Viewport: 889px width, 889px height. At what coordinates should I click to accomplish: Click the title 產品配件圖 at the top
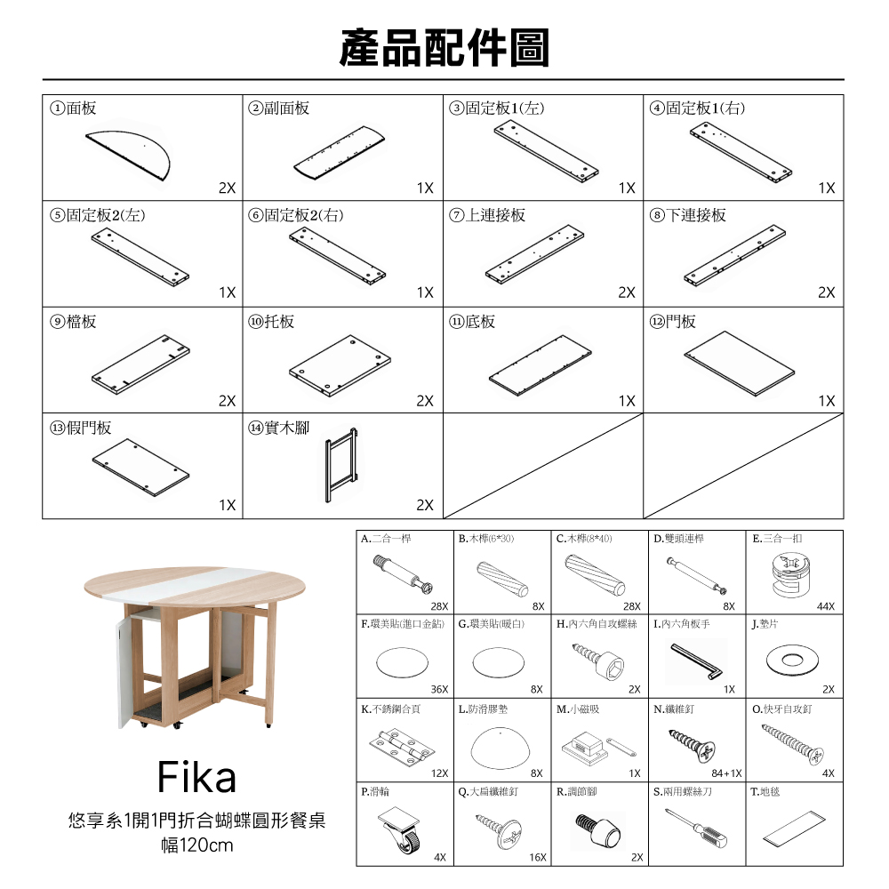tap(444, 48)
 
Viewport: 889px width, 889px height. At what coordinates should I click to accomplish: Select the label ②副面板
tap(278, 108)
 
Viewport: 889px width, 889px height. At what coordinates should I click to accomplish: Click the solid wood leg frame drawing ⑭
tap(341, 465)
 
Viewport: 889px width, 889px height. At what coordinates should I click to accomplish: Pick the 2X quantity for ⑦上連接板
tap(627, 292)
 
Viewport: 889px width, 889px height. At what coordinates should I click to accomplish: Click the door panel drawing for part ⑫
tap(740, 363)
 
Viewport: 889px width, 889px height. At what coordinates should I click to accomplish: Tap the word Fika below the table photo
tap(196, 777)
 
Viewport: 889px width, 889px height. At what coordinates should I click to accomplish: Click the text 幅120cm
tap(196, 845)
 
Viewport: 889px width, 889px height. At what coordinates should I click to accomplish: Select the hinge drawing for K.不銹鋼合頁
tap(402, 746)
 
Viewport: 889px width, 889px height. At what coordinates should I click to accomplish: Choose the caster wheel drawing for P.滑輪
tap(400, 829)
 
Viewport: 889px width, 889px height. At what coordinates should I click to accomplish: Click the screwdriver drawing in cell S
tap(696, 829)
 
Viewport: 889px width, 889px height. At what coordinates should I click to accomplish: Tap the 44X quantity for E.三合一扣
tap(826, 606)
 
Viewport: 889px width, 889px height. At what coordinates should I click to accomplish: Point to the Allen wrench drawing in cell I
tap(697, 661)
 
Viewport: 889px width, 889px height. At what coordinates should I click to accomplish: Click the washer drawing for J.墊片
tap(792, 660)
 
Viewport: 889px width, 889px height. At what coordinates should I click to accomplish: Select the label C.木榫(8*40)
tap(584, 539)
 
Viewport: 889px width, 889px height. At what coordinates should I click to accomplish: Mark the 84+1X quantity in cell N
tap(726, 773)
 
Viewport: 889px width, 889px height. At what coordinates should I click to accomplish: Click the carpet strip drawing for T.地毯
tap(794, 828)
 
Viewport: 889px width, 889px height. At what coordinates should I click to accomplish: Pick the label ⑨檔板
tap(73, 322)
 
